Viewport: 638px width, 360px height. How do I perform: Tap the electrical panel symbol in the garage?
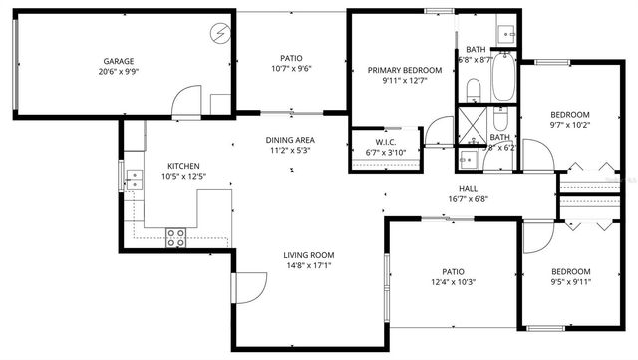pos(218,34)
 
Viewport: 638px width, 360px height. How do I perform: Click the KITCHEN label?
pos(183,165)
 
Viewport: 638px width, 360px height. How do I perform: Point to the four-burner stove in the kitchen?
pos(175,237)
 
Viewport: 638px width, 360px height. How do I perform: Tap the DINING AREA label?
pos(291,140)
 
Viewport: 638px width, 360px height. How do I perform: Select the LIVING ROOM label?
pos(308,255)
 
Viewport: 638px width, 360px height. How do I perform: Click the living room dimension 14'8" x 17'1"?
pos(308,266)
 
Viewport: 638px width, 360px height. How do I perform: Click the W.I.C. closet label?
pos(387,141)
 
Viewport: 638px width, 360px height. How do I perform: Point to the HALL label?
pos(468,188)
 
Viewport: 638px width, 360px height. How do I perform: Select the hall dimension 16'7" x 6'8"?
pos(468,198)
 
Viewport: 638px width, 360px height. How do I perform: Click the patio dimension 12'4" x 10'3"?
pos(453,282)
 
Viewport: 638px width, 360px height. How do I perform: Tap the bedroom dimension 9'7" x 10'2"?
pos(571,125)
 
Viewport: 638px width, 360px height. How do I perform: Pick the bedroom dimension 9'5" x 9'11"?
pos(571,282)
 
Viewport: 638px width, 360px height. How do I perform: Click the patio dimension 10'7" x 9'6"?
pos(291,69)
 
